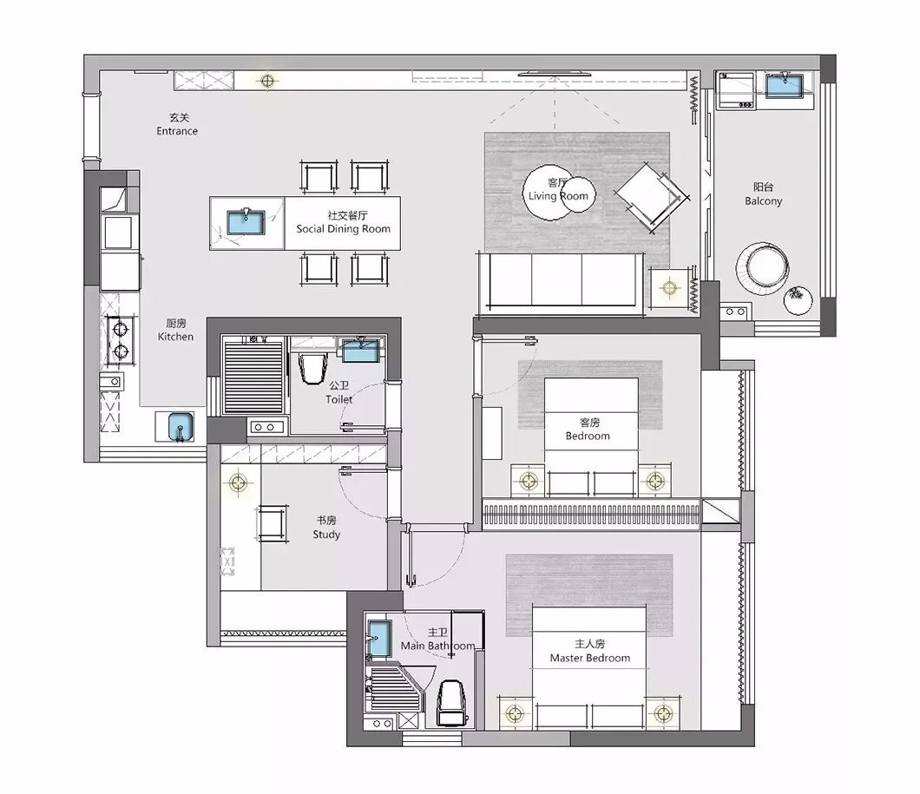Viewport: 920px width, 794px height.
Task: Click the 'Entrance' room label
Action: [177, 131]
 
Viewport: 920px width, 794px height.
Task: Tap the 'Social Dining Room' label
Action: [343, 229]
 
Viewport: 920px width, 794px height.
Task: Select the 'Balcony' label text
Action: [764, 201]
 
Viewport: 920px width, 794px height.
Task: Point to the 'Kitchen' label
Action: [175, 337]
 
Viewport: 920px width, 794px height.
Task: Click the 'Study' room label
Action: [326, 535]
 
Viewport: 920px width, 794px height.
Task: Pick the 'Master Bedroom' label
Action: [589, 658]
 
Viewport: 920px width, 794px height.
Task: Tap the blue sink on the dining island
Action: [246, 222]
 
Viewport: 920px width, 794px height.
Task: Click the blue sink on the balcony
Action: [784, 86]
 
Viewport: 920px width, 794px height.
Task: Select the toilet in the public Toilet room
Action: [312, 367]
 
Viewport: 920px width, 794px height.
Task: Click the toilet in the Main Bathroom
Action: [452, 703]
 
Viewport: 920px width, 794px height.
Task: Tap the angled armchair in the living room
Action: [652, 196]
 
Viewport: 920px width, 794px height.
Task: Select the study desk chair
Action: [273, 523]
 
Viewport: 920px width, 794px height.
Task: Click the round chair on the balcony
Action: [762, 266]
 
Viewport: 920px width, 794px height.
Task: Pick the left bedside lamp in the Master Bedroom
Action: [516, 713]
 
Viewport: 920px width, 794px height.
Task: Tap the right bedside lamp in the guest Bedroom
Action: [654, 482]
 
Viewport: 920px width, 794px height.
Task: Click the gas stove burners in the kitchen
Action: [121, 340]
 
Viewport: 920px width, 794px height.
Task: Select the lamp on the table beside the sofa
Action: [669, 288]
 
